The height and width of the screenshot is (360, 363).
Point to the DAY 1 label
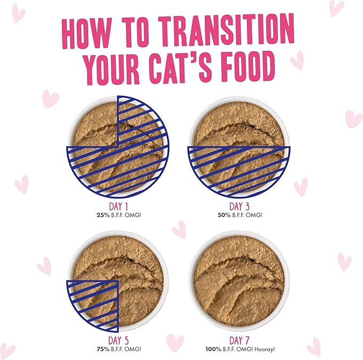tap(118, 206)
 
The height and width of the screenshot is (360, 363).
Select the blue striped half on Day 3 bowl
tap(238, 166)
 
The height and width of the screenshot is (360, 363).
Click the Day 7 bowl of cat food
tap(238, 280)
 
